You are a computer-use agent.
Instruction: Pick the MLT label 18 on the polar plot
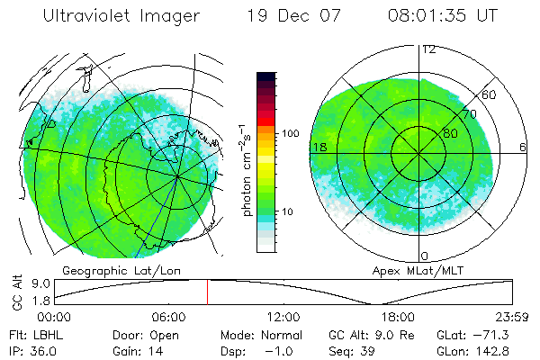(319, 147)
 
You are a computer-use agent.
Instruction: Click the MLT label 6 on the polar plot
(523, 147)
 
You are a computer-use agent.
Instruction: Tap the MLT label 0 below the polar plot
(425, 256)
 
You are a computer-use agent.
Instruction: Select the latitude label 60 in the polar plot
(490, 94)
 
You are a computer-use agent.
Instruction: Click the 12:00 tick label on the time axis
(283, 318)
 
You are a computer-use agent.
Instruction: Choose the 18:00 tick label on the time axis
(398, 318)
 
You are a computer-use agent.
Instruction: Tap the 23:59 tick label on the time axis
(511, 318)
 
